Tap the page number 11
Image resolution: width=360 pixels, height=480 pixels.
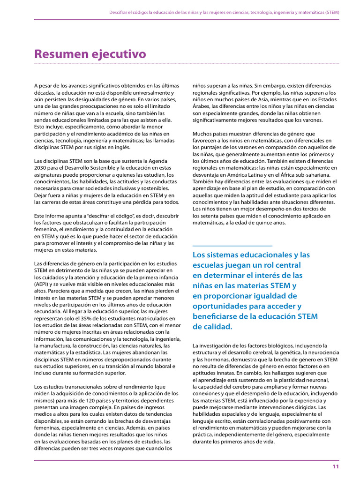coord(336,466)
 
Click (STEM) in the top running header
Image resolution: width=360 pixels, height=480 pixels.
coord(331,12)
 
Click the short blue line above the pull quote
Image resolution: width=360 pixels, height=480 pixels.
coord(232,245)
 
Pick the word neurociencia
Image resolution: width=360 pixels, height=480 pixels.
coord(323,352)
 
